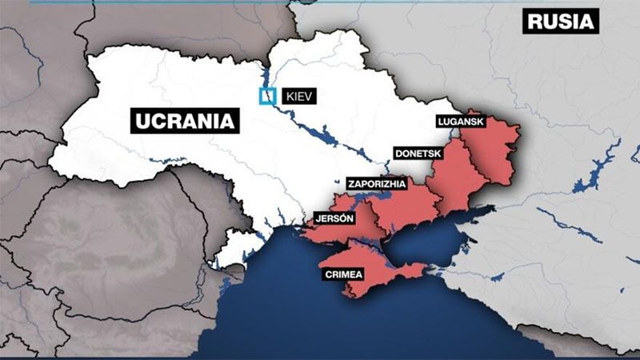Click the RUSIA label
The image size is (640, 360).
(561, 22)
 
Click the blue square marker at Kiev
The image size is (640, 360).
(266, 96)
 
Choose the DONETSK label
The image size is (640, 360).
(419, 152)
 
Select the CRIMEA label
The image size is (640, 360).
(344, 274)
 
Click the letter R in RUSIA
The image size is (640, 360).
(534, 22)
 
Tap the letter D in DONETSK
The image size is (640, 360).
(398, 152)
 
